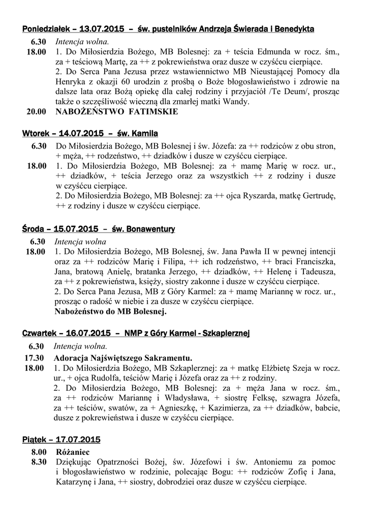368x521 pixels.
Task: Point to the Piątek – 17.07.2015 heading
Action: (x=62, y=439)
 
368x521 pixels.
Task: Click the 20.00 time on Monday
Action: (x=37, y=112)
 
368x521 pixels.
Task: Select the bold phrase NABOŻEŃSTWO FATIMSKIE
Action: (x=116, y=112)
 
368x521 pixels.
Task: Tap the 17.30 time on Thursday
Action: (x=37, y=357)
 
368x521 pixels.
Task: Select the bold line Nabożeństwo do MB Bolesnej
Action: (x=110, y=311)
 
